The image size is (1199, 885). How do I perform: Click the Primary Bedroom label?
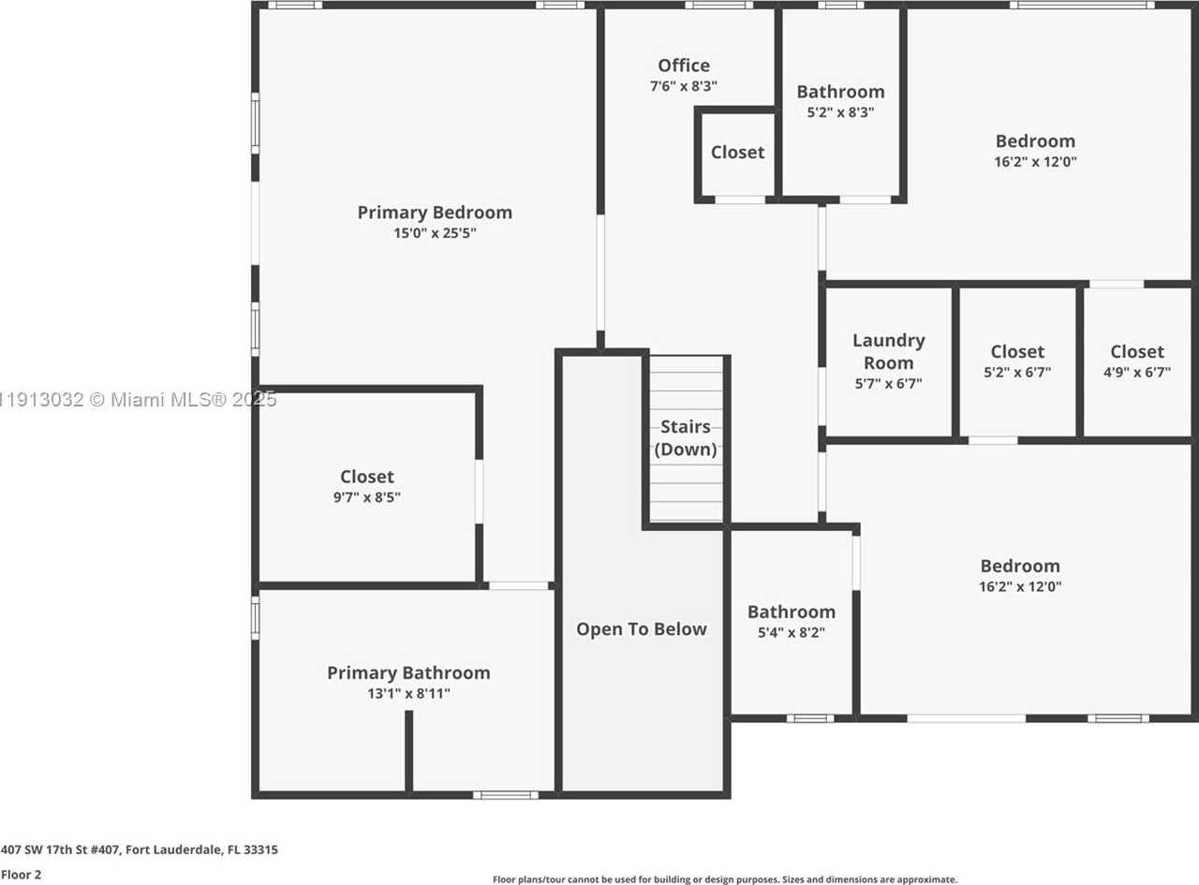[x=435, y=213]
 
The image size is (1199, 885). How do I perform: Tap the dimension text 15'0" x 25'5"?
[x=435, y=233]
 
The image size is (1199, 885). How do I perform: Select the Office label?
[x=684, y=66]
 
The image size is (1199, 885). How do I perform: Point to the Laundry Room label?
[x=888, y=351]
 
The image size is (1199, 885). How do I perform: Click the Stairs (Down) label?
[x=686, y=437]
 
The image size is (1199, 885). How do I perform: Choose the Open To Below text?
[x=641, y=629]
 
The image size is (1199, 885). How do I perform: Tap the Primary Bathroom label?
[x=408, y=672]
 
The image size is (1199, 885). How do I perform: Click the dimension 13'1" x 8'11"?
[x=408, y=694]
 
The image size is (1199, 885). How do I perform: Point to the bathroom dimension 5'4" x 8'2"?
[x=791, y=632]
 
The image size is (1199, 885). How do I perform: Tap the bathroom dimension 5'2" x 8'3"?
[x=840, y=111]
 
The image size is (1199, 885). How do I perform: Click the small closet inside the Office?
[x=737, y=153]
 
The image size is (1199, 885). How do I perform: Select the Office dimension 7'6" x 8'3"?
[x=684, y=86]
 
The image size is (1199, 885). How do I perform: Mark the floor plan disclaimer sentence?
[x=724, y=879]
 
